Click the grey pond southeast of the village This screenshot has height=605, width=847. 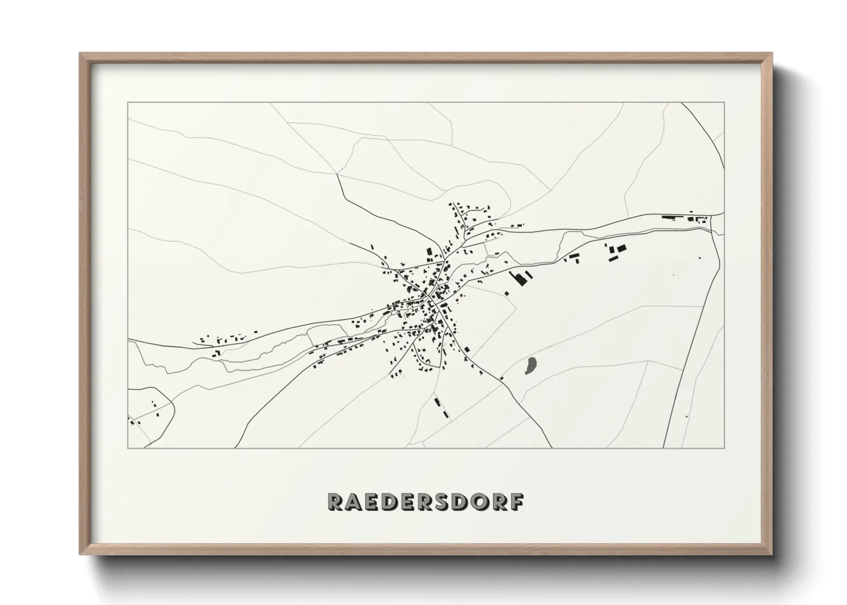[531, 366]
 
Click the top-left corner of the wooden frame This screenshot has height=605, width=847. [81, 54]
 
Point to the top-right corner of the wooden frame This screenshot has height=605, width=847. [771, 54]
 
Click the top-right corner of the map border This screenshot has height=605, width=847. [724, 102]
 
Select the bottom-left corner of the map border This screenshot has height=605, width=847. [128, 448]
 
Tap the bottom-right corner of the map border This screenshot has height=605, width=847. [724, 448]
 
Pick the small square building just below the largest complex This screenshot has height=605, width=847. [506, 293]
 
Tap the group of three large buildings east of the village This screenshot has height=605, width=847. [616, 252]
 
